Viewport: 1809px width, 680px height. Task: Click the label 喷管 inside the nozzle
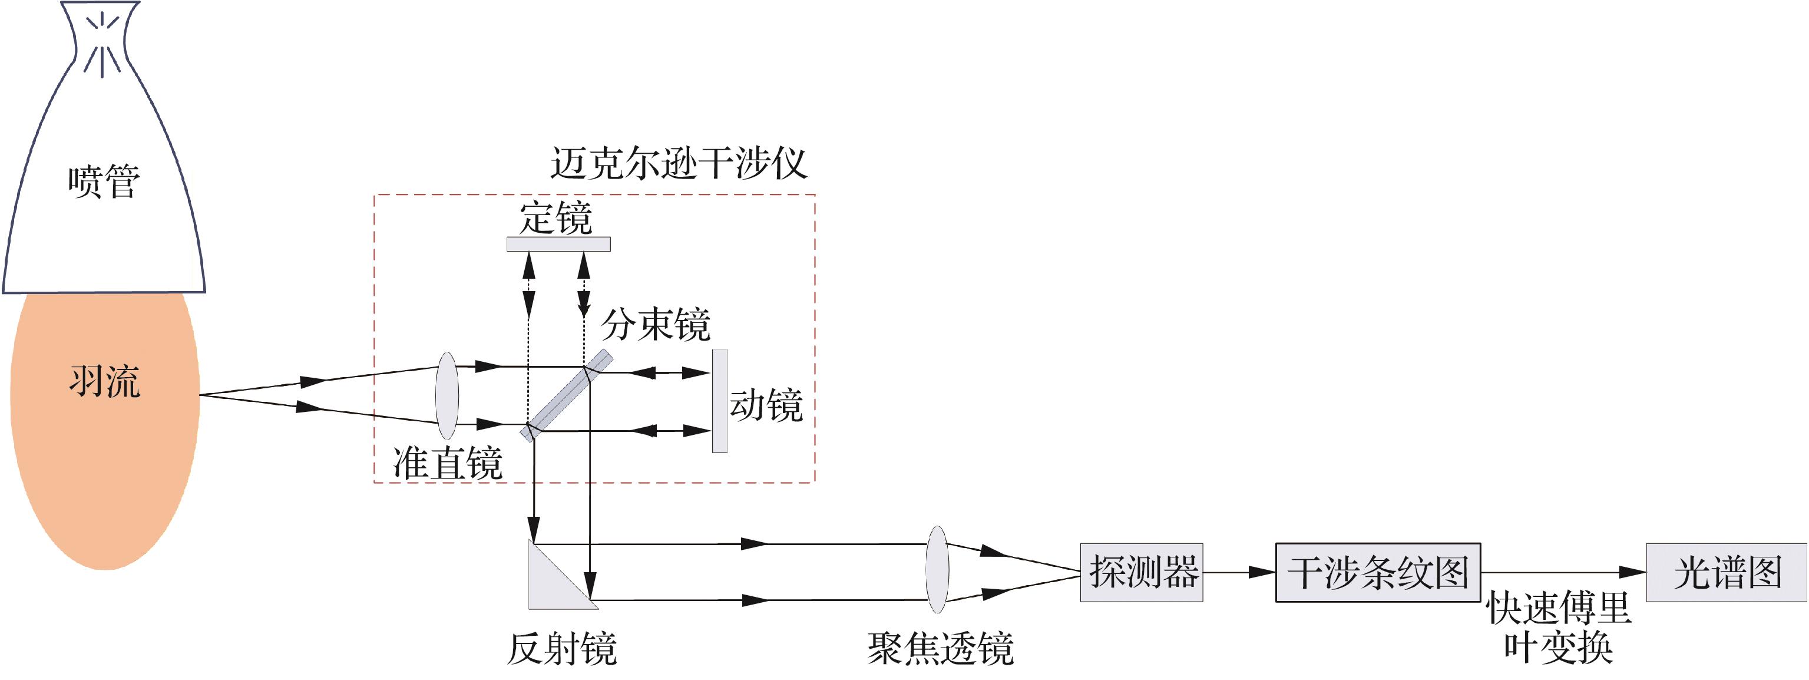pyautogui.click(x=104, y=182)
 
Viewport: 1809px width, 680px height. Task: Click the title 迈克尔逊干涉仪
pyautogui.click(x=679, y=163)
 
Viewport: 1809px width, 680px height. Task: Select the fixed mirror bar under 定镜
pyautogui.click(x=558, y=244)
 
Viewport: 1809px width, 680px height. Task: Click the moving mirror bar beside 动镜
pyautogui.click(x=719, y=401)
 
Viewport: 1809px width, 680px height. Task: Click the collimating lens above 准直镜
pyautogui.click(x=447, y=395)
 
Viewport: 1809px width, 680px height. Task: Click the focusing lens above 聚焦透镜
pyautogui.click(x=938, y=570)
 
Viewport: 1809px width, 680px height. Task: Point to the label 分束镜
pyautogui.click(x=656, y=325)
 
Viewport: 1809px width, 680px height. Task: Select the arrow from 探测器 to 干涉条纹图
pyautogui.click(x=1239, y=573)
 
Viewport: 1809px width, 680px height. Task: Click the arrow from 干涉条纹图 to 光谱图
pyautogui.click(x=1563, y=573)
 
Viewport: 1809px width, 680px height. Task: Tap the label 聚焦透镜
pyautogui.click(x=940, y=648)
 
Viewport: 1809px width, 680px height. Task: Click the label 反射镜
pyautogui.click(x=562, y=648)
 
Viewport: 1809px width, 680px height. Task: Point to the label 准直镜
pyautogui.click(x=448, y=464)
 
